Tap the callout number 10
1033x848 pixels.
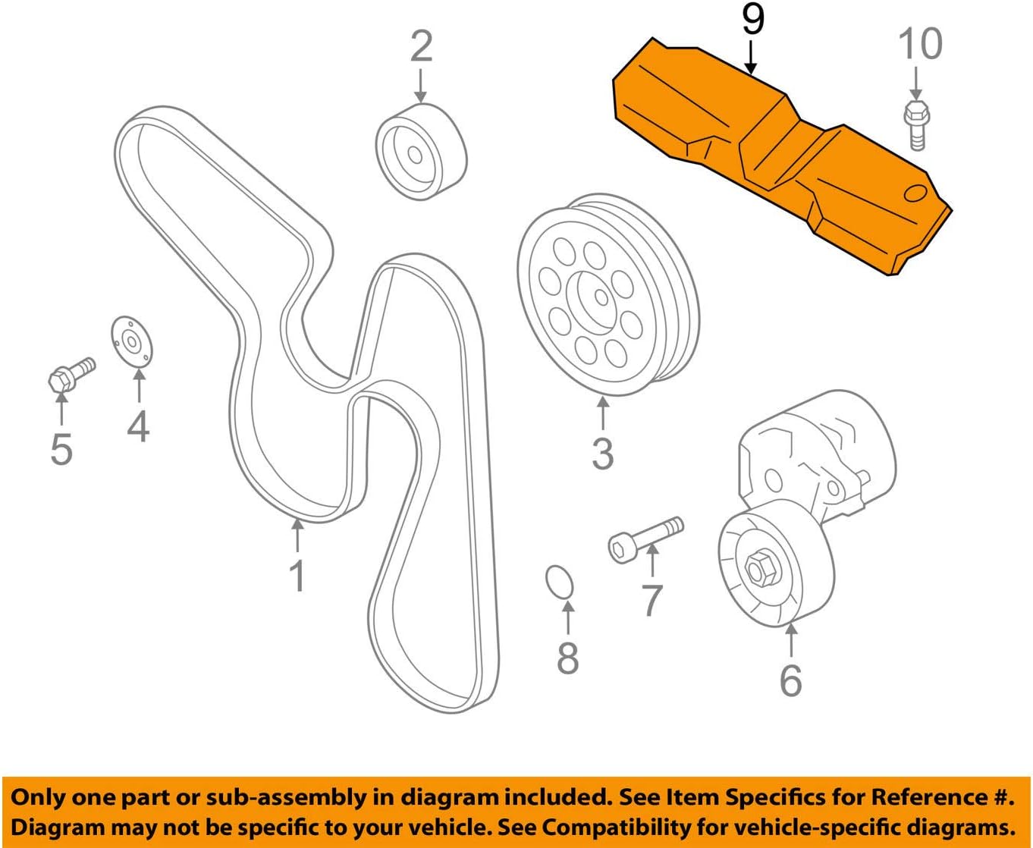click(920, 43)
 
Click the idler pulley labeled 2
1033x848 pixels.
click(420, 153)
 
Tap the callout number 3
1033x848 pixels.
click(602, 453)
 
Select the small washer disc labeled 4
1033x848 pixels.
click(132, 342)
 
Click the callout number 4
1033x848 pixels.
click(138, 426)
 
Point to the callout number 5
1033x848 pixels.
click(61, 449)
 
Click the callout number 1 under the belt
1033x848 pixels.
click(297, 576)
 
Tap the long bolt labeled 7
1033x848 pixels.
click(645, 537)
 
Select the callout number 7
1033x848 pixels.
click(652, 600)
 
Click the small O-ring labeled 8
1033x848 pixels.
click(560, 583)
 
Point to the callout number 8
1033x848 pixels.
click(568, 658)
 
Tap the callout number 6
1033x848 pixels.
click(790, 680)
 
